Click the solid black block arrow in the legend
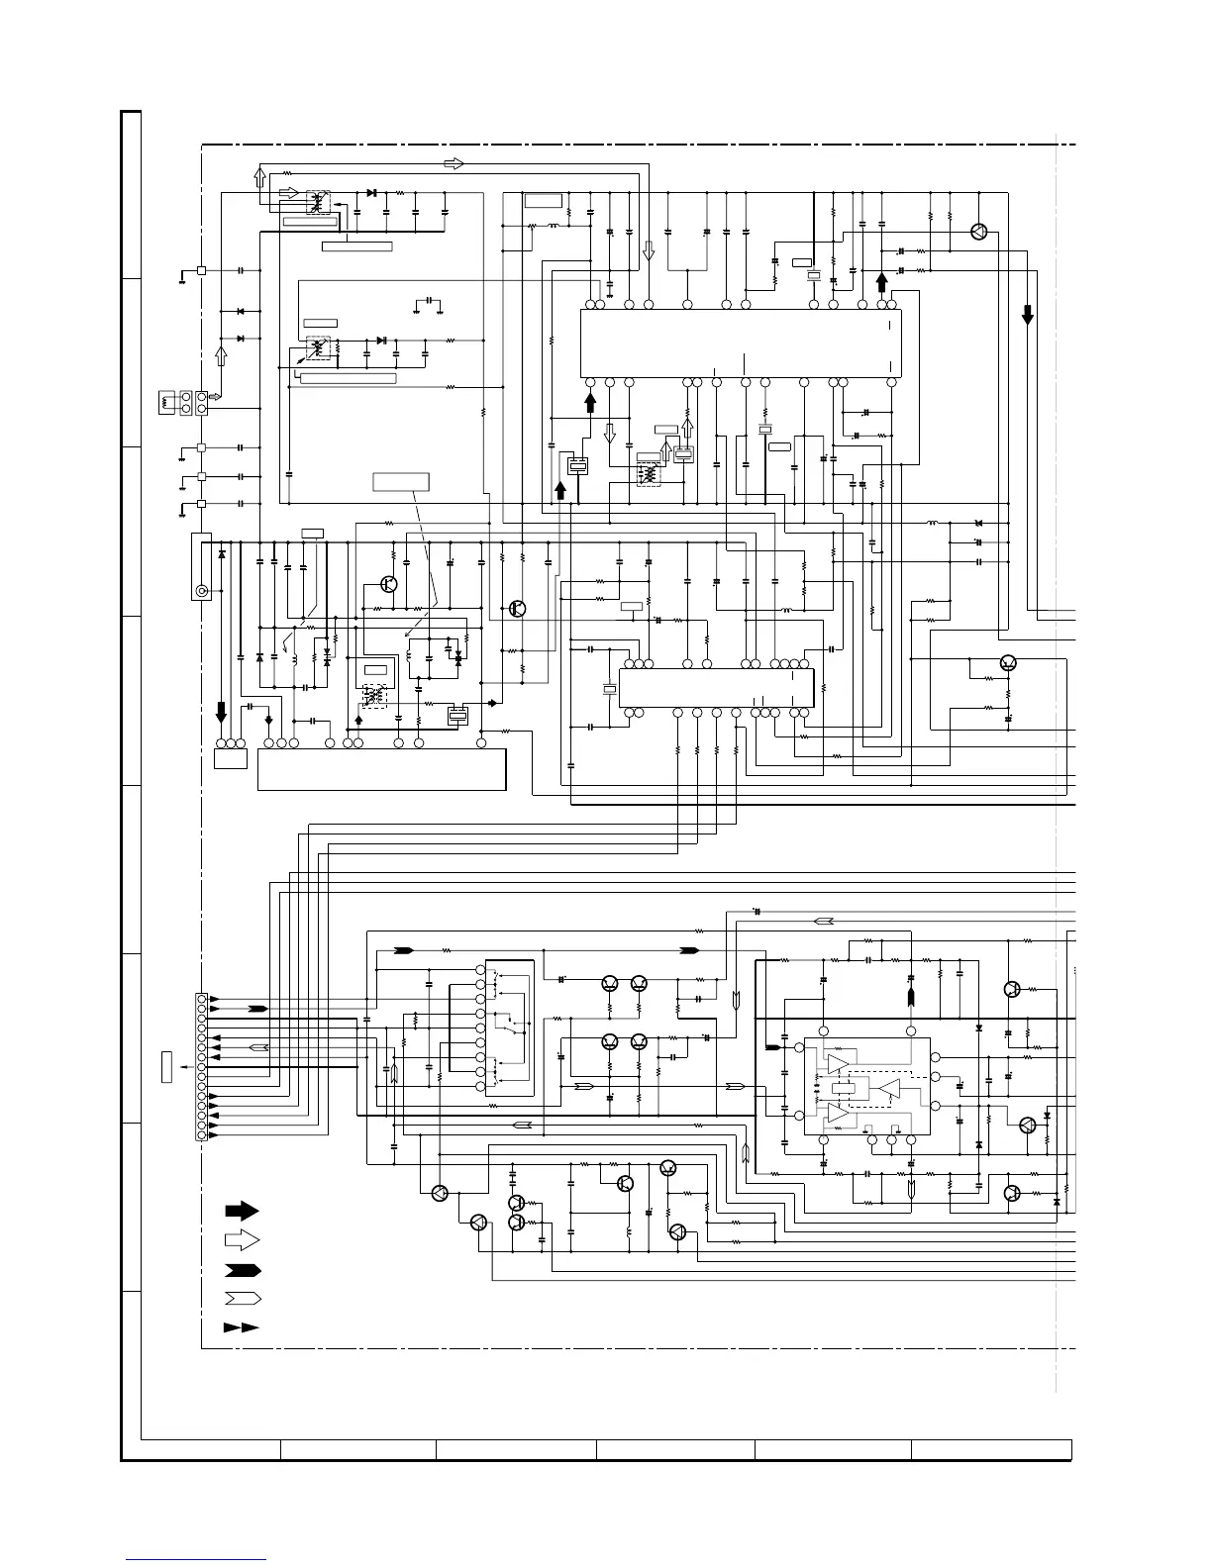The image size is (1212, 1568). [242, 1210]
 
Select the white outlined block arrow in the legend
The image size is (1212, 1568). [242, 1238]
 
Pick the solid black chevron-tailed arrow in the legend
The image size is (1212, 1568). [242, 1269]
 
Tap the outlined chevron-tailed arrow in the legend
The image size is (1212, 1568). [242, 1298]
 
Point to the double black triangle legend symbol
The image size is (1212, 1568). [242, 1327]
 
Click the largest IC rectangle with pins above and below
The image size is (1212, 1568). [740, 343]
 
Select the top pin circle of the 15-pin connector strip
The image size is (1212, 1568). [201, 999]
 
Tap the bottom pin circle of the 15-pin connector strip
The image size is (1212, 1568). [201, 1134]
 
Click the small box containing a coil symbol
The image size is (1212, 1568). [166, 404]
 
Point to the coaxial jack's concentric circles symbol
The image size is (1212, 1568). [202, 591]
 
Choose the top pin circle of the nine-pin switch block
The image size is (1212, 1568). [480, 969]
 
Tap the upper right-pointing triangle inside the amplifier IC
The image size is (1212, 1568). [838, 1064]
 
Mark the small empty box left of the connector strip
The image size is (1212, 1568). [166, 1068]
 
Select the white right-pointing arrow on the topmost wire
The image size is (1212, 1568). [453, 162]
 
